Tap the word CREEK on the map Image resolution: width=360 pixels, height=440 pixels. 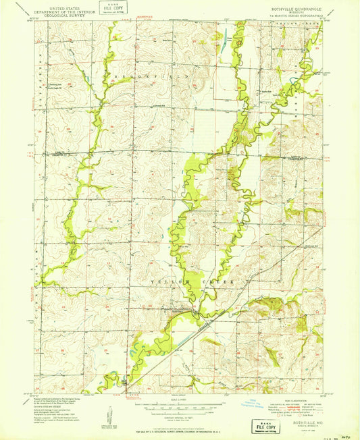click(222, 279)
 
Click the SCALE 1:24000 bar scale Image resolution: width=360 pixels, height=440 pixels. click(180, 408)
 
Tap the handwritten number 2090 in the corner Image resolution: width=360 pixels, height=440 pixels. click(346, 436)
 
